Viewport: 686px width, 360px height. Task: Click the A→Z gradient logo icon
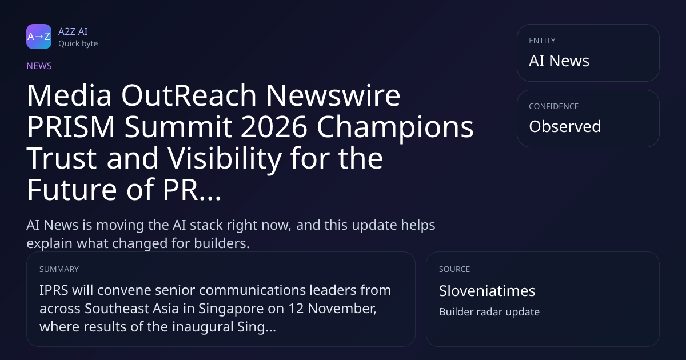click(39, 37)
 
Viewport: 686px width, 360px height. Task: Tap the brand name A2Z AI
click(73, 31)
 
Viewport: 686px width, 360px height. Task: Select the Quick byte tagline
click(78, 44)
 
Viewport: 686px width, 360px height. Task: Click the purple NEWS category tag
click(39, 66)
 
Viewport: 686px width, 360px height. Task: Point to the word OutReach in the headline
click(189, 95)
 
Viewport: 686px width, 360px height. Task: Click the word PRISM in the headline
click(71, 127)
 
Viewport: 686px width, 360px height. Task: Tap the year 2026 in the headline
click(274, 127)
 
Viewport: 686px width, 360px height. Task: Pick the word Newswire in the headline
click(333, 95)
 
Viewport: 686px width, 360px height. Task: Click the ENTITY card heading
click(542, 41)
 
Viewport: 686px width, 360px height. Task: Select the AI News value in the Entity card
click(559, 61)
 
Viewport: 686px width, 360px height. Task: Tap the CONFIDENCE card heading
click(554, 106)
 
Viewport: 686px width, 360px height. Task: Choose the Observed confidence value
click(565, 126)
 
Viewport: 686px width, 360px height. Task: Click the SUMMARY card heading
click(59, 269)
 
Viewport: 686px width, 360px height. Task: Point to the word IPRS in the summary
click(54, 290)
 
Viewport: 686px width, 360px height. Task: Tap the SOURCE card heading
click(454, 269)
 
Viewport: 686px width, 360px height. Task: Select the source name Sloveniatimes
click(487, 291)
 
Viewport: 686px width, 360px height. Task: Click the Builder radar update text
click(489, 312)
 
